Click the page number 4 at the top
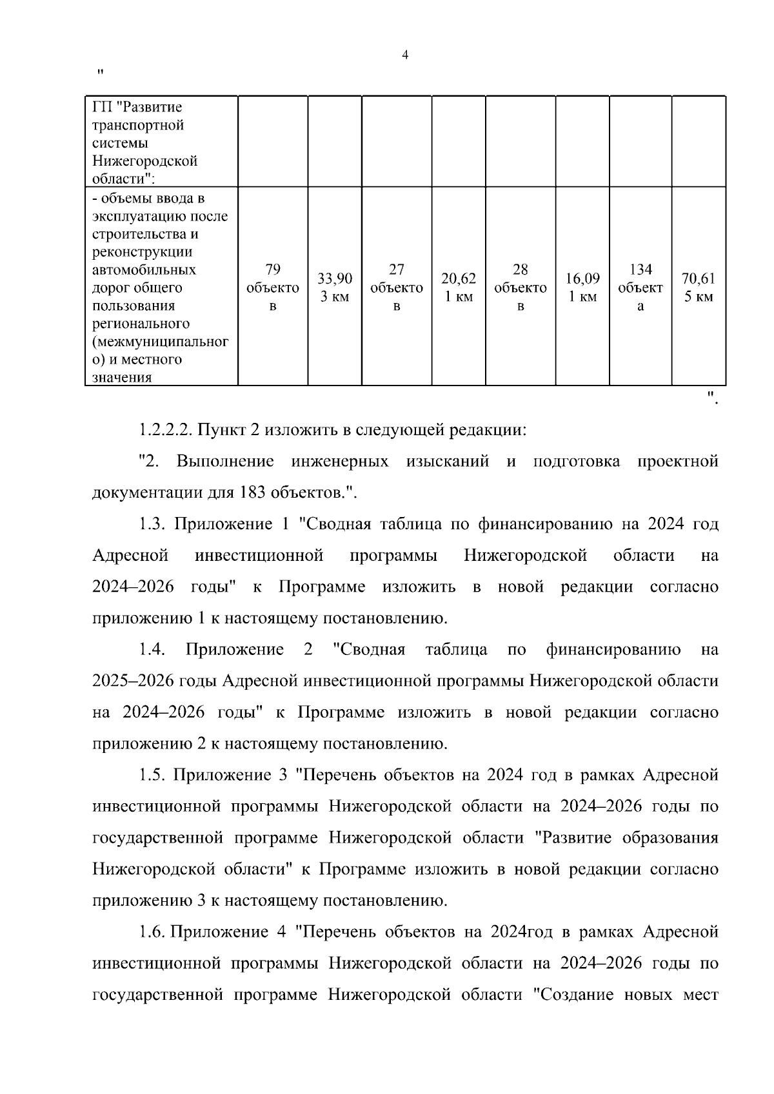point(404,55)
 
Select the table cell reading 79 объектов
point(272,288)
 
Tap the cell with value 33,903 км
point(335,288)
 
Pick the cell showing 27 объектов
point(396,288)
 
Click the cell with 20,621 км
point(458,288)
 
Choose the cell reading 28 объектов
point(520,288)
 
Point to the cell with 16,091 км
point(582,288)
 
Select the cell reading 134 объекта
point(640,288)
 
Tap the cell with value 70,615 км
point(699,288)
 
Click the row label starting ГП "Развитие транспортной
point(146,142)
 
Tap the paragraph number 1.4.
point(152,650)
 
